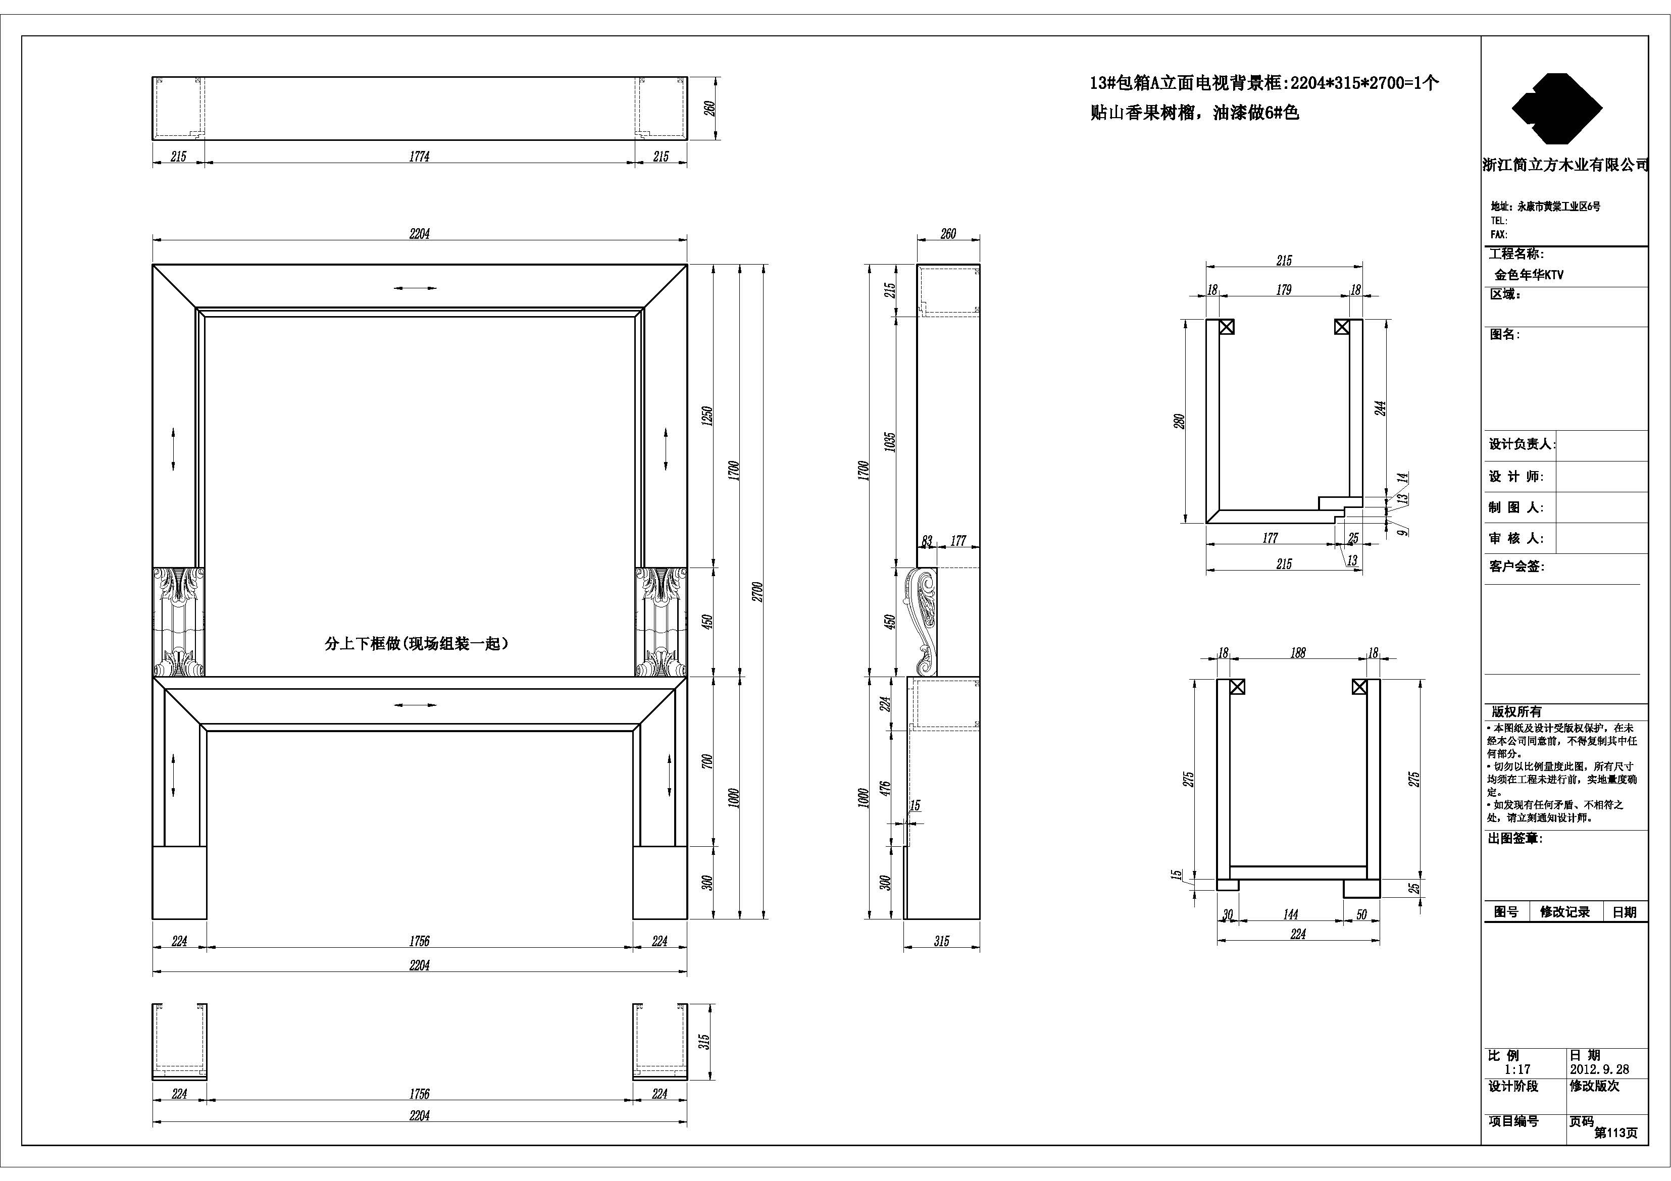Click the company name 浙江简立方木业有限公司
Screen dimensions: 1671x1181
coord(1565,165)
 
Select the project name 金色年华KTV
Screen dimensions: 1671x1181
coord(1529,275)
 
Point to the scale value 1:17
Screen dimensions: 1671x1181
coord(1517,1069)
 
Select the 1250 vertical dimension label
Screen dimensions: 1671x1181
coord(707,416)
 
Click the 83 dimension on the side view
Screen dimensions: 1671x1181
coord(927,541)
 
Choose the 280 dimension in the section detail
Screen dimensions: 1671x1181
coord(1179,421)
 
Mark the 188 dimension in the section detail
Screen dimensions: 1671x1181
coord(1298,653)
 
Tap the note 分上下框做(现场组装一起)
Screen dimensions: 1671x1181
coord(416,643)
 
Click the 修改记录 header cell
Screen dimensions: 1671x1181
coord(1565,912)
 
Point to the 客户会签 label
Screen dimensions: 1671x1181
coord(1516,566)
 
